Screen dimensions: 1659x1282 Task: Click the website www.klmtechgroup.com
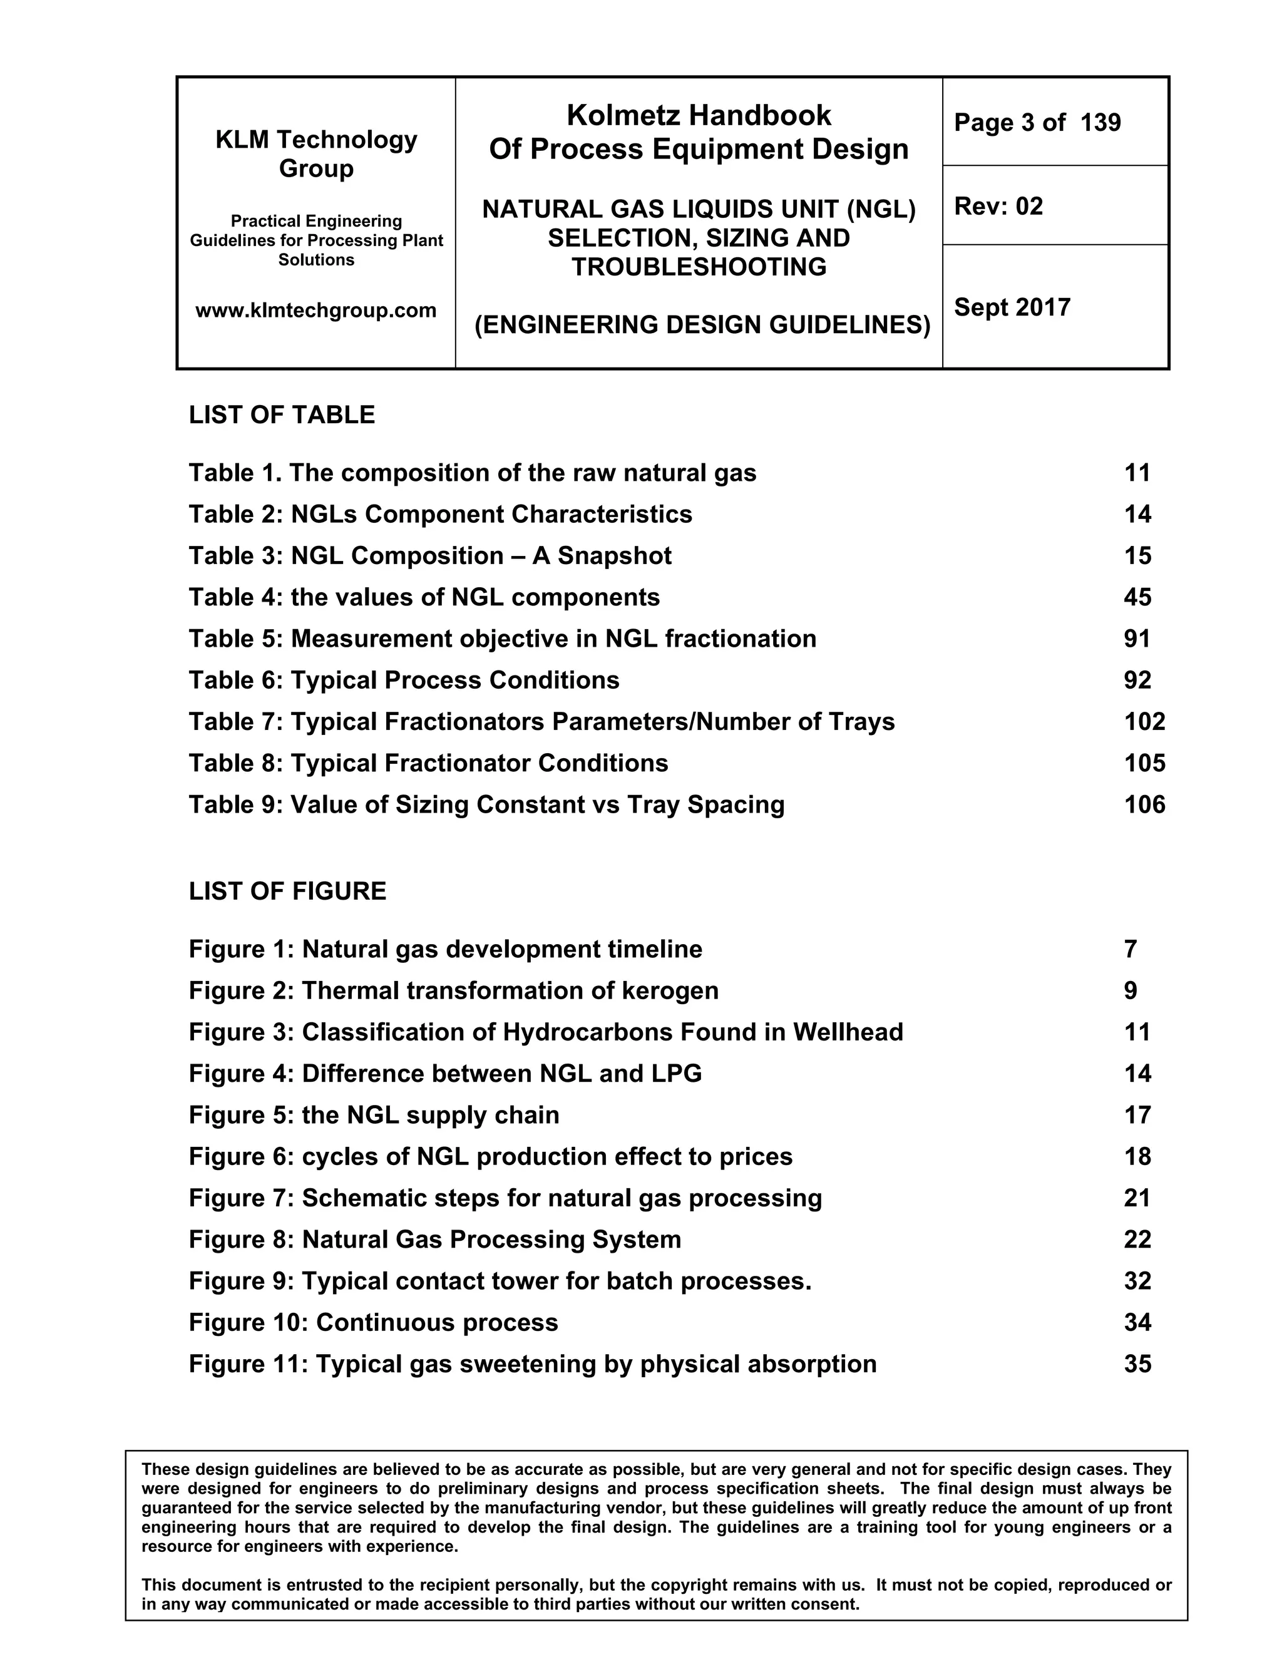pyautogui.click(x=316, y=311)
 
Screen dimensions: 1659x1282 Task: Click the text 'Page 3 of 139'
pyautogui.click(x=1037, y=123)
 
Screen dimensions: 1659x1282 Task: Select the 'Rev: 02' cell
pyautogui.click(x=998, y=207)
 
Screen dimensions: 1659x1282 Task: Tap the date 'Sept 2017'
pyautogui.click(x=1012, y=307)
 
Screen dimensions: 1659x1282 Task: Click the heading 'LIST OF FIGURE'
pyautogui.click(x=287, y=891)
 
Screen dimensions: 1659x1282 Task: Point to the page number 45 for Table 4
pyautogui.click(x=1137, y=597)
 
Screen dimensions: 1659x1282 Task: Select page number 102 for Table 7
pyautogui.click(x=1144, y=722)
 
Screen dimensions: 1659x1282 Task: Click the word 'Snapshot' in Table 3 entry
pyautogui.click(x=615, y=556)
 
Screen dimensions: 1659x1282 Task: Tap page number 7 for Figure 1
pyautogui.click(x=1130, y=950)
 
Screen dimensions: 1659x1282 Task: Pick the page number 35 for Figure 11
pyautogui.click(x=1137, y=1364)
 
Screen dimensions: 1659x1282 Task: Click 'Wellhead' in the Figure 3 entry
pyautogui.click(x=848, y=1032)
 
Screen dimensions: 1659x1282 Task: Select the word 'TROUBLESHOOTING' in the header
pyautogui.click(x=699, y=267)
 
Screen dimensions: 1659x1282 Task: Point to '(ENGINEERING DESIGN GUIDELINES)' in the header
pyautogui.click(x=702, y=325)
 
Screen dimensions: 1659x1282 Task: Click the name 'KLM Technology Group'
pyautogui.click(x=316, y=153)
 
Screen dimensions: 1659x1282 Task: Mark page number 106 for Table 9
pyautogui.click(x=1144, y=804)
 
